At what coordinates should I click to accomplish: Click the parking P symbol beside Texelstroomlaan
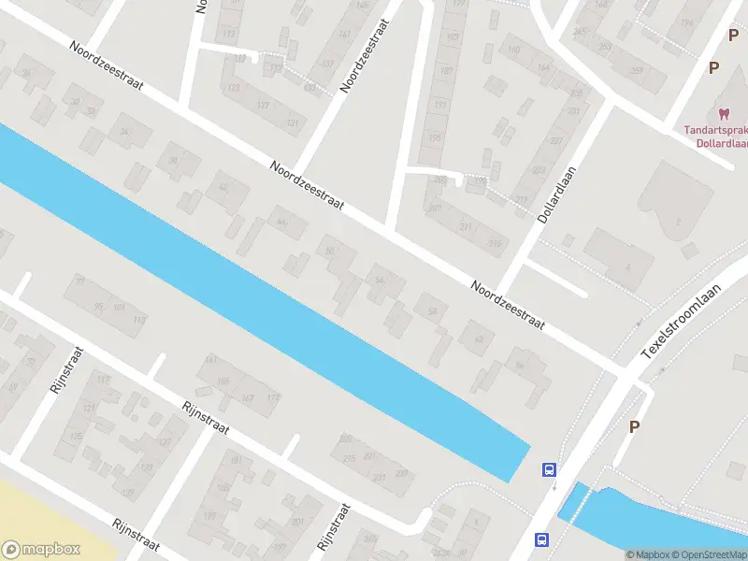point(634,426)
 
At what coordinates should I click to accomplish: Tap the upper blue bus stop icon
point(549,470)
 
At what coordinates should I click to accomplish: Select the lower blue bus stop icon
point(541,539)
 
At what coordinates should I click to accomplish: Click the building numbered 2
point(678,221)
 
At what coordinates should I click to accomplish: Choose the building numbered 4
point(628,266)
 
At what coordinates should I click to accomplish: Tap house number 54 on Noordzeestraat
point(378,280)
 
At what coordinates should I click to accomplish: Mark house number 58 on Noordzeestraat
point(431,311)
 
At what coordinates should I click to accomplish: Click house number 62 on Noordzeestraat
point(478,338)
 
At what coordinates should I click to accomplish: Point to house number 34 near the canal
point(122,132)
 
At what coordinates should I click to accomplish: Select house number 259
point(637,73)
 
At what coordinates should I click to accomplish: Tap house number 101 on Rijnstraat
point(119,307)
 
